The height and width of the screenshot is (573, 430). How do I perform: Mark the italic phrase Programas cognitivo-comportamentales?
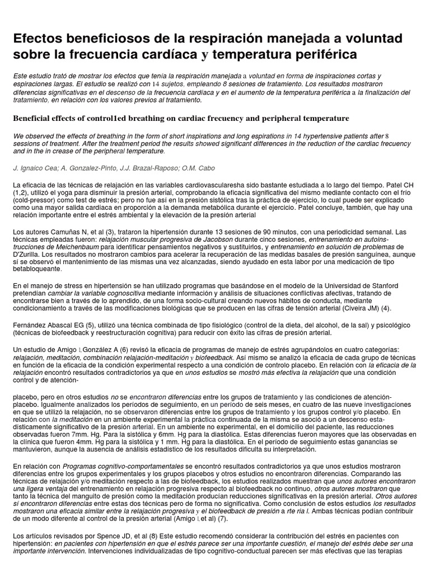click(123, 466)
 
